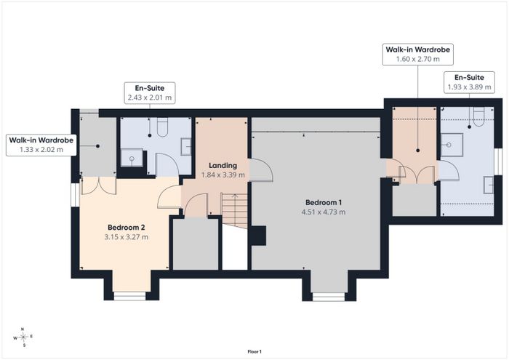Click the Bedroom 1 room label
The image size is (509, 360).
pos(324,203)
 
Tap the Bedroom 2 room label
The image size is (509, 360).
pos(126,227)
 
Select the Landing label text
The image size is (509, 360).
pos(223,166)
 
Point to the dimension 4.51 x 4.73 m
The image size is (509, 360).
pos(324,212)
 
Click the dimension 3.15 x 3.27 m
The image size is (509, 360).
pos(126,237)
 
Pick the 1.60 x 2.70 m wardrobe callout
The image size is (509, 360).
pos(418,55)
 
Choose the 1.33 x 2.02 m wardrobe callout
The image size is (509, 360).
pos(41,145)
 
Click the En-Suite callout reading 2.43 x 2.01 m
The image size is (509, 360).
pos(150,93)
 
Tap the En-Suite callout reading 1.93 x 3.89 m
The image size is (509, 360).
pos(469,82)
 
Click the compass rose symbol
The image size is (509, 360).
pos(23,337)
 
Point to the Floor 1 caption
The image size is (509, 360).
pos(254,351)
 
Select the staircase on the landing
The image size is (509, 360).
pos(234,210)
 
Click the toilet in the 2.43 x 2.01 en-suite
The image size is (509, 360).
pos(162,127)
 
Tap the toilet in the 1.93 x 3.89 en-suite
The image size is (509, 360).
pos(478,117)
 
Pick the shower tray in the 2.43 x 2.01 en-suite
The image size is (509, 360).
pos(132,158)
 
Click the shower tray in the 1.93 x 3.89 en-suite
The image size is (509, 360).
pos(452,145)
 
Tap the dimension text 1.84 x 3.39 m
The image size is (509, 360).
pos(223,175)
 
